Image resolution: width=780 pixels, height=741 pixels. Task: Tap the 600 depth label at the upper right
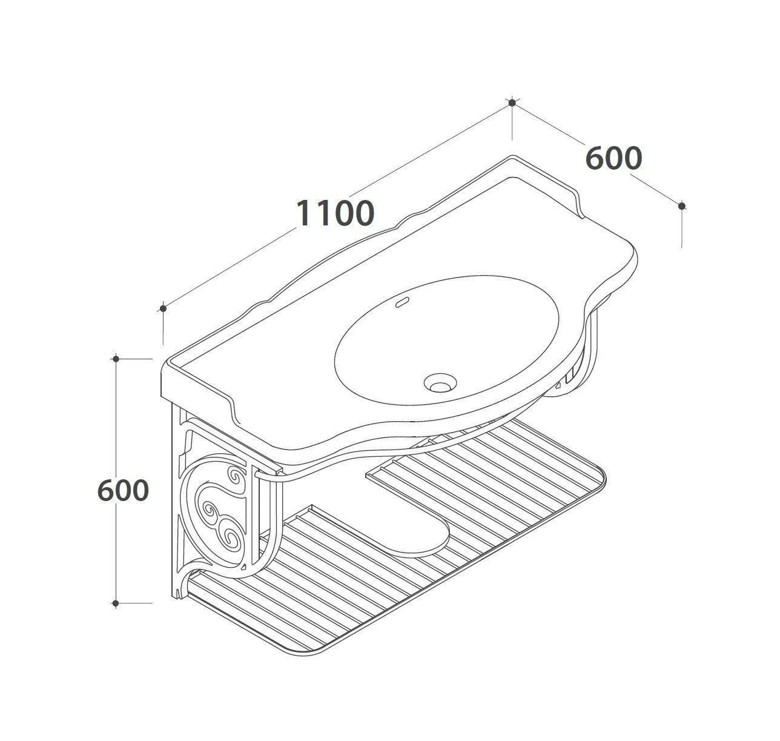click(613, 159)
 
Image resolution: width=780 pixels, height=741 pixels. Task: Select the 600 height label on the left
click(123, 490)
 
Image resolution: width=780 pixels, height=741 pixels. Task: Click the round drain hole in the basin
click(440, 383)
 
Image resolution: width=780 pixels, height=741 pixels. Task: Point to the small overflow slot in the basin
click(402, 302)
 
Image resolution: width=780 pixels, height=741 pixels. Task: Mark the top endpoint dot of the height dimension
click(116, 359)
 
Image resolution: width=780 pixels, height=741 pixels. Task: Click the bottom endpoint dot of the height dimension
click(116, 603)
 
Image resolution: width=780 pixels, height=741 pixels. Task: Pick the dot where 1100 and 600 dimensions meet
click(512, 103)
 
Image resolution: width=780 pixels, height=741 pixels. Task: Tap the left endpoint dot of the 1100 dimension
click(163, 308)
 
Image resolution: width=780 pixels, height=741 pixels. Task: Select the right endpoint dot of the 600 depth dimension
click(682, 206)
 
